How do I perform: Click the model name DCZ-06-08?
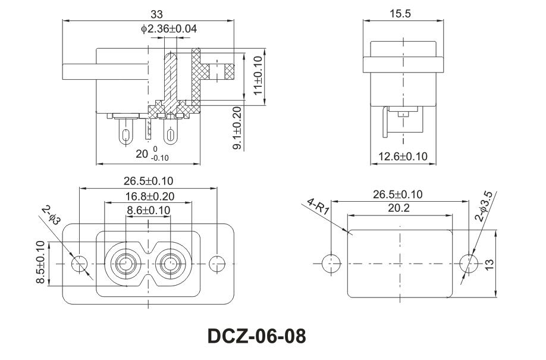coord(256,336)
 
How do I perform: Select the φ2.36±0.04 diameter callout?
coord(169,29)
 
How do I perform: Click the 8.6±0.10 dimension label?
coord(149,210)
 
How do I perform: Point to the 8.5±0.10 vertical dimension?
coord(40,262)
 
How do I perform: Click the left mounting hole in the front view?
coord(79,262)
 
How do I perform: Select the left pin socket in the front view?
coord(125,262)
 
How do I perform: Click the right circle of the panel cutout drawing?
coord(469,262)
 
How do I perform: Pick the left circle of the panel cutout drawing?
coord(330,262)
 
